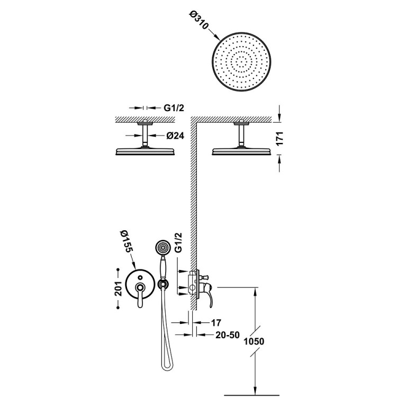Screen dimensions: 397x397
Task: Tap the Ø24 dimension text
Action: (x=175, y=136)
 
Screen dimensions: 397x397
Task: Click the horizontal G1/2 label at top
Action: (x=174, y=108)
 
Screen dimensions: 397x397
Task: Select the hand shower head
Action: (x=163, y=248)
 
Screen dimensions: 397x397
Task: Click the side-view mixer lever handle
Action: (x=211, y=296)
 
